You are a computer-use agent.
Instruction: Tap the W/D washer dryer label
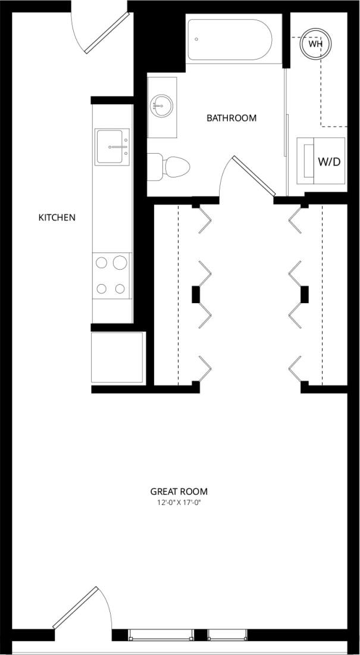coord(329,161)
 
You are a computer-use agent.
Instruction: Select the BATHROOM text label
coord(231,118)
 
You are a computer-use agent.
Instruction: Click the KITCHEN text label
coord(57,217)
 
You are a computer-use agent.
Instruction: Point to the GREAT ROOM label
coord(179,491)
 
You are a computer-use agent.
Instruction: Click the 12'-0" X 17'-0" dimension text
coord(179,503)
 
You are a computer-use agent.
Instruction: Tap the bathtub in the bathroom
coord(230,39)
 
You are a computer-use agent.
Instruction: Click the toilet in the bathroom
coord(169,167)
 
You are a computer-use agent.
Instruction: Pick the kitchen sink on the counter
coord(112,146)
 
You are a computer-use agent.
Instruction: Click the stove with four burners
coord(112,276)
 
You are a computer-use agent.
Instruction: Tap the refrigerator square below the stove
coord(117,357)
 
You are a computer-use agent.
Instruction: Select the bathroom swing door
coord(254,176)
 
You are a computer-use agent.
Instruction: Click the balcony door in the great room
coord(76,607)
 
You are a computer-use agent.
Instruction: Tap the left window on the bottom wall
coord(161,635)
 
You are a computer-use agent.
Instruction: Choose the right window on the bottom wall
coord(227,635)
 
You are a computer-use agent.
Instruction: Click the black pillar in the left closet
coord(195,294)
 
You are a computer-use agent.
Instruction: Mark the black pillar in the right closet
coord(305,294)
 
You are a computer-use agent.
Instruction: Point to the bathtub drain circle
coord(196,39)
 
